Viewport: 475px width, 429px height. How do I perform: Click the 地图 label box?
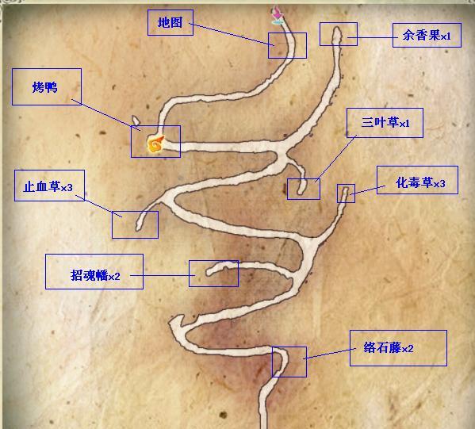pyautogui.click(x=170, y=22)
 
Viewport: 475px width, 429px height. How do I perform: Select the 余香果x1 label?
pyautogui.click(x=427, y=35)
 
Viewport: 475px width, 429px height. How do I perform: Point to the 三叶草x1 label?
pyautogui.click(x=385, y=123)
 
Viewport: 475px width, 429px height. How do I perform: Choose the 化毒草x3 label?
pyautogui.click(x=417, y=180)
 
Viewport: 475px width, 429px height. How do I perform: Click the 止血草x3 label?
pyautogui.click(x=49, y=186)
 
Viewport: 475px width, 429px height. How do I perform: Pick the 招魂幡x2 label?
pyautogui.click(x=94, y=271)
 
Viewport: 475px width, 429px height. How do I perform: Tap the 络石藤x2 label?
pyautogui.click(x=398, y=348)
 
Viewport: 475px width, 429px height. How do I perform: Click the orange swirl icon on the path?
pyautogui.click(x=155, y=144)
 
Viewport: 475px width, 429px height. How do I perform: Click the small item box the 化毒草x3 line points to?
pyautogui.click(x=346, y=193)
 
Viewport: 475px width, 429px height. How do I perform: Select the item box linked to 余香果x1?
pyautogui.click(x=339, y=34)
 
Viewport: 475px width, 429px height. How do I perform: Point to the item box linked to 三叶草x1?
pyautogui.click(x=304, y=189)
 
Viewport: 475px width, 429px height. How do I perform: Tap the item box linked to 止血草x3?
pyautogui.click(x=135, y=224)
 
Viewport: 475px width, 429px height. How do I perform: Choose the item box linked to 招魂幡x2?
pyautogui.click(x=213, y=274)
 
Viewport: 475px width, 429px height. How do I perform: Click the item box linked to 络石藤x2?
pyautogui.click(x=289, y=362)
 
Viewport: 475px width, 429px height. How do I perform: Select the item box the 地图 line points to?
pyautogui.click(x=287, y=45)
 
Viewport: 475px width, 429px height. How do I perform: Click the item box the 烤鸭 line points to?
pyautogui.click(x=155, y=141)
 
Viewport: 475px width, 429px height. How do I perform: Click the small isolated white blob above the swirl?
pyautogui.click(x=136, y=121)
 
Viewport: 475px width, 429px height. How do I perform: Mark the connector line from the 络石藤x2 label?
pyautogui.click(x=331, y=353)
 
